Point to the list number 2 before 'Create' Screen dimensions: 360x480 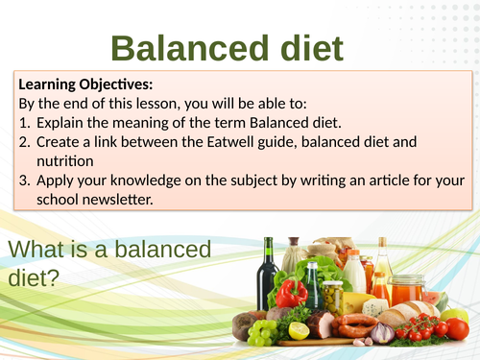pos(23,141)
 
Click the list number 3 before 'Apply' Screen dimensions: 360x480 pos(23,180)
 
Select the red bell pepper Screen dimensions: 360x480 pos(290,292)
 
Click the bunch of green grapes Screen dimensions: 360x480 pos(261,332)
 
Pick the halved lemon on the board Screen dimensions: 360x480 pos(299,330)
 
